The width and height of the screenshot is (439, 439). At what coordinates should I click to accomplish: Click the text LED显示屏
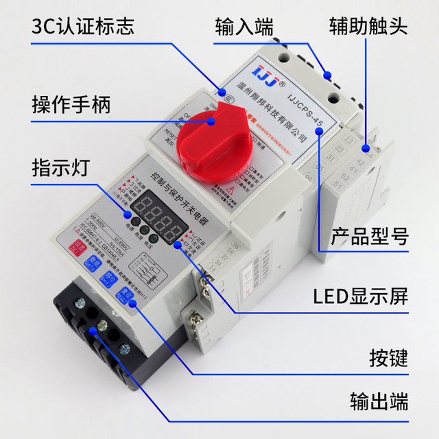361,296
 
